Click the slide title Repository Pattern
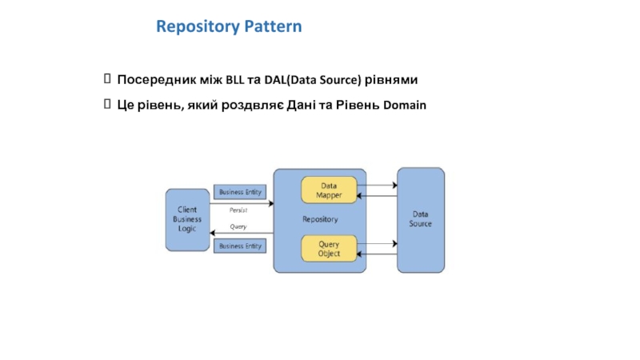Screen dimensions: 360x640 (229, 26)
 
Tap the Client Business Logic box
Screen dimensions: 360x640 (187, 218)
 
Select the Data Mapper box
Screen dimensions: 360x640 (327, 190)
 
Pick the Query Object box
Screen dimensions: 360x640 (327, 249)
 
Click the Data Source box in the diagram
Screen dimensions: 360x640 (421, 218)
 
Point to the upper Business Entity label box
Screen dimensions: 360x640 (241, 192)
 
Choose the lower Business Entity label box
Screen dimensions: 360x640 (241, 246)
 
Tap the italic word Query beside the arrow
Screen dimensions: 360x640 (238, 226)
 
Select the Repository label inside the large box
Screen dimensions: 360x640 (320, 219)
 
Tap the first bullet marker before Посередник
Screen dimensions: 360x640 (107, 80)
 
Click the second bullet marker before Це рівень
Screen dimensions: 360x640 (107, 106)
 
